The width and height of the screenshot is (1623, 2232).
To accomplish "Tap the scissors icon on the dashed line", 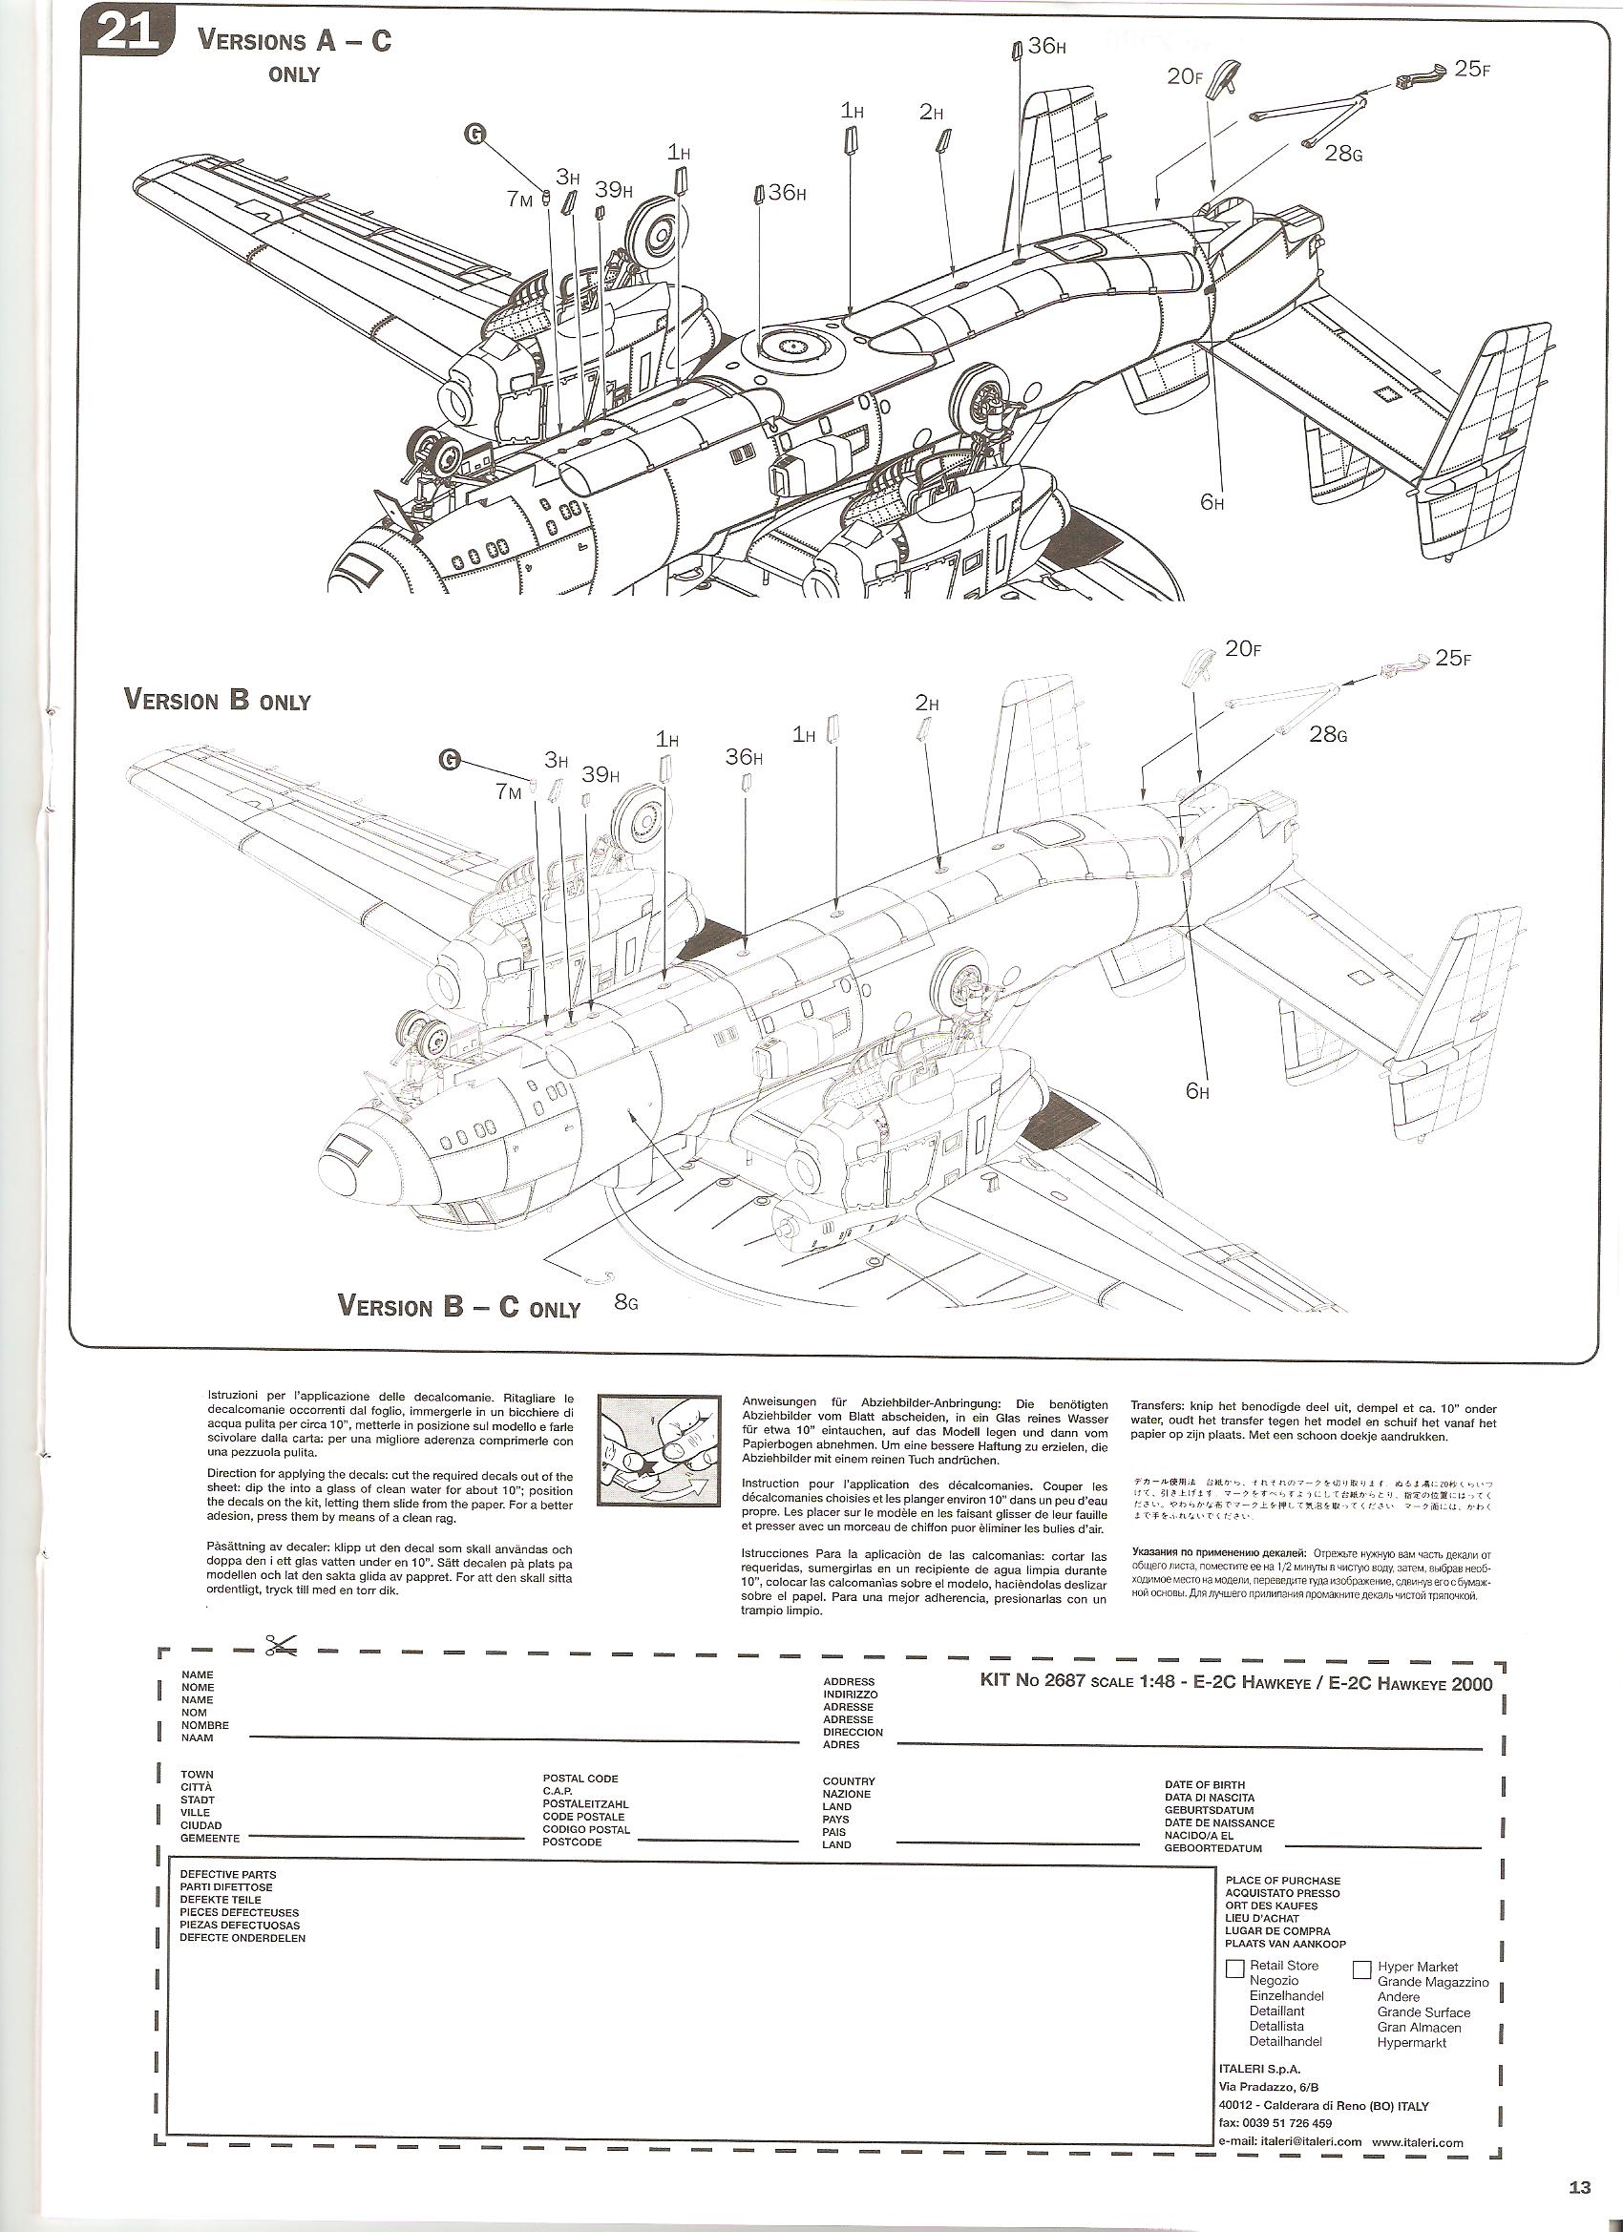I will [280, 1645].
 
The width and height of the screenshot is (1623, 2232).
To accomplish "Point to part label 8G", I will [625, 1304].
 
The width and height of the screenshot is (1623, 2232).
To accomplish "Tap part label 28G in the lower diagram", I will [1328, 734].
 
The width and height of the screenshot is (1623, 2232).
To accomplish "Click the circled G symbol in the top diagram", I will [475, 136].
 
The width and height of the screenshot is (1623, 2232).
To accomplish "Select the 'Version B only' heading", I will [217, 700].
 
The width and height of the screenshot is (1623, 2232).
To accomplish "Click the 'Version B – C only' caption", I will [458, 1306].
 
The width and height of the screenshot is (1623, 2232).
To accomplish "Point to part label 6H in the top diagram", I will [1212, 503].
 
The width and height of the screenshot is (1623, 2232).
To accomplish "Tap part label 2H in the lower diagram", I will [927, 704].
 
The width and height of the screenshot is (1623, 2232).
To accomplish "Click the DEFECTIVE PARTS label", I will [227, 1875].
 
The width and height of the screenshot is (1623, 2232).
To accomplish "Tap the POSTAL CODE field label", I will [580, 1779].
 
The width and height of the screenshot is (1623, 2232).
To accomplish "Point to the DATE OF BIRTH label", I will [1205, 1784].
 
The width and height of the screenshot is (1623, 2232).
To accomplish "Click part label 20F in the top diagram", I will [1185, 75].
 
